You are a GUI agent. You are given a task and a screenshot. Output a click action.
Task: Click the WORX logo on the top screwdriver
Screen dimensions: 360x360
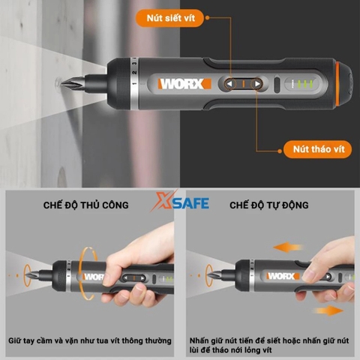(x=183, y=83)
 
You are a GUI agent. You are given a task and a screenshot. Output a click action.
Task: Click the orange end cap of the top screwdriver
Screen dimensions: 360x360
(x=346, y=82)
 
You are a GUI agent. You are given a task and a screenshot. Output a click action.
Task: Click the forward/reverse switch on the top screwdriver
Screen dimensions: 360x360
(x=241, y=84)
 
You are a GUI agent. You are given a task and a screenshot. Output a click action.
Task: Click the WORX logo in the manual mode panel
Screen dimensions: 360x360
(x=95, y=277)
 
